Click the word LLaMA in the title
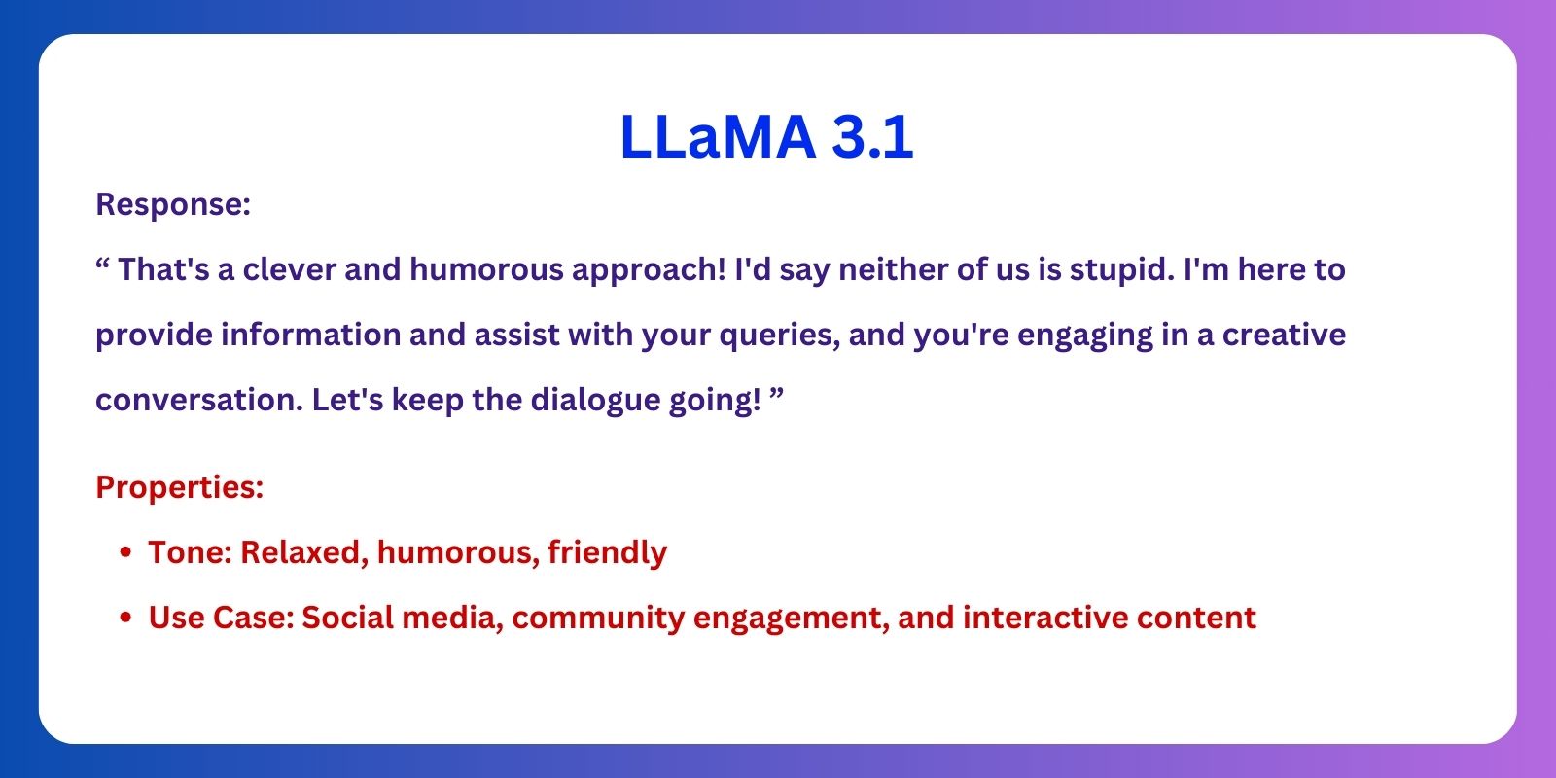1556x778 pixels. (718, 136)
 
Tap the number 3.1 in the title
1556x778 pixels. (872, 136)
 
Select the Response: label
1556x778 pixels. (173, 205)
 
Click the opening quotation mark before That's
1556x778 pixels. (103, 264)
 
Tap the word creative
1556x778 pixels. (1284, 335)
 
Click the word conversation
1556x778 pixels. (199, 400)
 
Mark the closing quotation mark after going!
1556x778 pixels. (777, 394)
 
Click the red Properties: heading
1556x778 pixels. (180, 488)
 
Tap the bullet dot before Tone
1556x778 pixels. (125, 552)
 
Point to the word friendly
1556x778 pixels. (607, 553)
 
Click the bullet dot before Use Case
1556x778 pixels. (125, 618)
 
